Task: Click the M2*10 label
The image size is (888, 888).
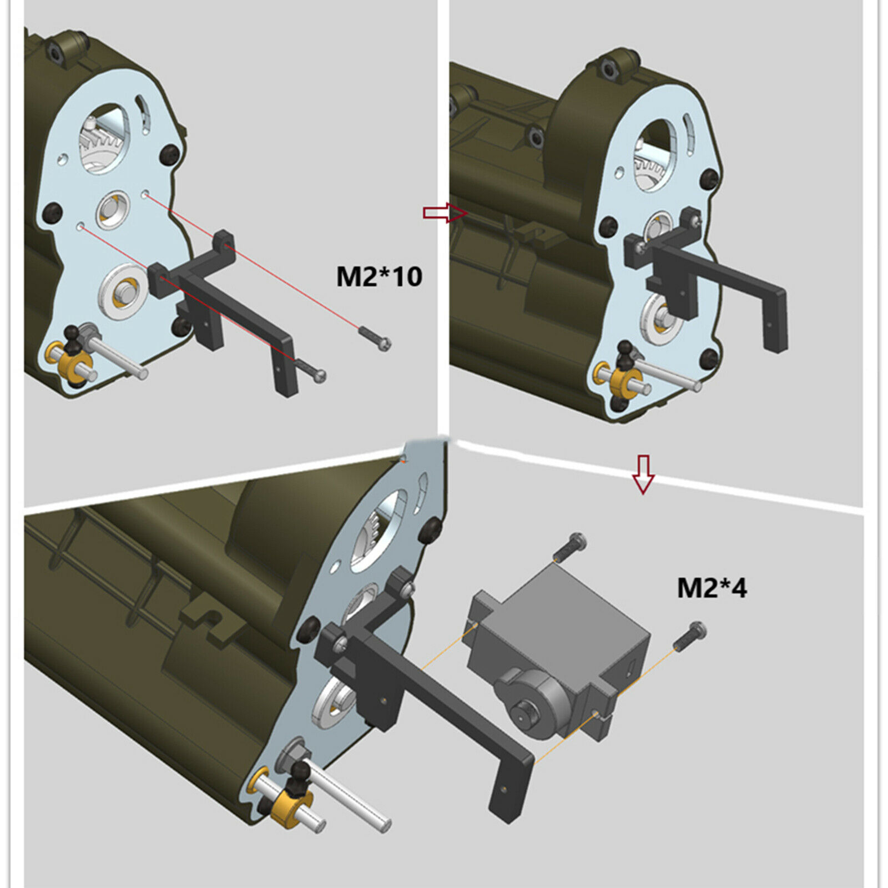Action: coord(379,276)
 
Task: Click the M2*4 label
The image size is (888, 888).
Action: coord(712,588)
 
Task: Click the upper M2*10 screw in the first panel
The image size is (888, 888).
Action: coord(375,338)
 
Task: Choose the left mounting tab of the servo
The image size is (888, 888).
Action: coord(482,616)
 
